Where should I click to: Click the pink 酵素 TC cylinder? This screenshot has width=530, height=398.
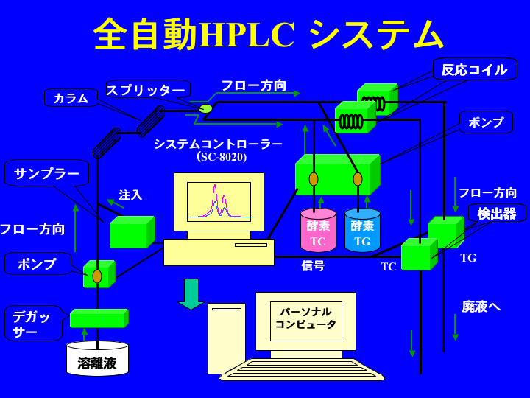coord(318,231)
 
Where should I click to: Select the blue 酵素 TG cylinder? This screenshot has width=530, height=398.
coord(362,231)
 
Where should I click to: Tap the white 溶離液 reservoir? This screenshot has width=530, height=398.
coord(97,360)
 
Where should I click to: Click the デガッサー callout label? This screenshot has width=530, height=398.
coord(34,324)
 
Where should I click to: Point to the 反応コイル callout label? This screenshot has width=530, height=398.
coord(474,69)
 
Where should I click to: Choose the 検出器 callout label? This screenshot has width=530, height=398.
coord(497,213)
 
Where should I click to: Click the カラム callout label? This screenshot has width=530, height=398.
coord(71,98)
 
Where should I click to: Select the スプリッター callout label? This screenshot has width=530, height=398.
coord(147,90)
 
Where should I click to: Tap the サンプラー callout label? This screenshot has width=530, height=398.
coord(46,173)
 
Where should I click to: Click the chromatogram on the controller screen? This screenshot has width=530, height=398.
coord(219,201)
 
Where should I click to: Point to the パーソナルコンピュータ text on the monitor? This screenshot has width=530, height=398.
coord(305,318)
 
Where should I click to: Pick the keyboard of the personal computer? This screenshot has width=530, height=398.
coord(302,369)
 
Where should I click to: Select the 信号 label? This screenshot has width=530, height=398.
coord(313,265)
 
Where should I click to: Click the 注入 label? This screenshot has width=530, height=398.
coord(130,195)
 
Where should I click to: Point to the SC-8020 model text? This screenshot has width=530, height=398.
coord(222,157)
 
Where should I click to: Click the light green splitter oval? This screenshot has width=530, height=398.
coord(205,109)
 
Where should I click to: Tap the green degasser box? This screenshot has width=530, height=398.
coord(99,318)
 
